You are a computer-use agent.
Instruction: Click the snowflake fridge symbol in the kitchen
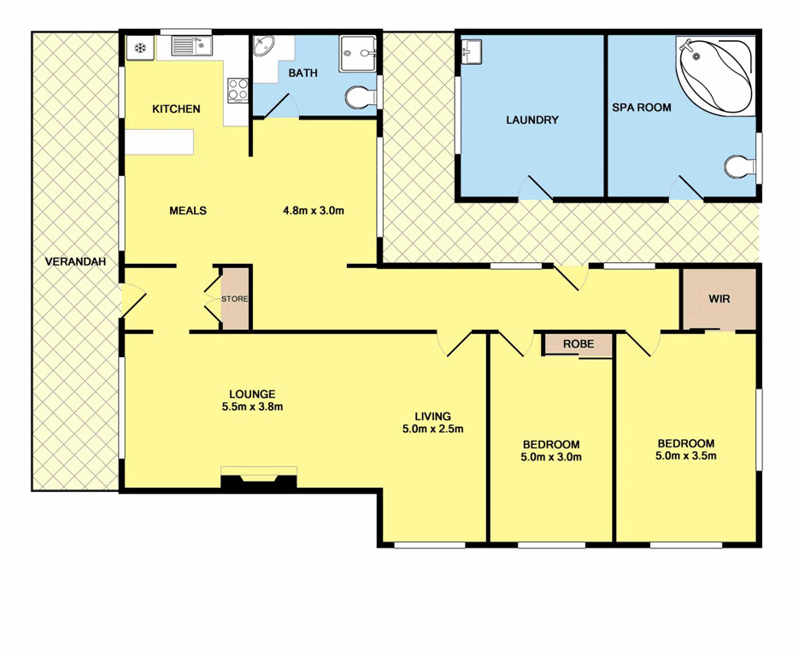pyautogui.click(x=139, y=48)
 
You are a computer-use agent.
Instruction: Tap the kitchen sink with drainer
pyautogui.click(x=191, y=46)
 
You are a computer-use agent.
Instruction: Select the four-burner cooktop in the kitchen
pyautogui.click(x=237, y=90)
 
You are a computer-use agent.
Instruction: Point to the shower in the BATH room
pyautogui.click(x=358, y=54)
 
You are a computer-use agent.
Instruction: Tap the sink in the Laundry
pyautogui.click(x=473, y=52)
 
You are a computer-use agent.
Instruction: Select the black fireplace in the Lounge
pyautogui.click(x=258, y=480)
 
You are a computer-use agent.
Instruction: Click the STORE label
pyautogui.click(x=235, y=300)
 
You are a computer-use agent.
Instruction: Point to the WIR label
pyautogui.click(x=720, y=300)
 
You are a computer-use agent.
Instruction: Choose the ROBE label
pyautogui.click(x=578, y=345)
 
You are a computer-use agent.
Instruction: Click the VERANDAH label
pyautogui.click(x=76, y=262)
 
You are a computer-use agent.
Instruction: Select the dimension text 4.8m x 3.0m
pyautogui.click(x=314, y=211)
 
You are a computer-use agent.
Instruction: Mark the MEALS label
pyautogui.click(x=188, y=211)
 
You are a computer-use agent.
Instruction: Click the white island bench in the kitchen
pyautogui.click(x=160, y=142)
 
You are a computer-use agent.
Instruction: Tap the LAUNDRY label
pyautogui.click(x=532, y=120)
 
